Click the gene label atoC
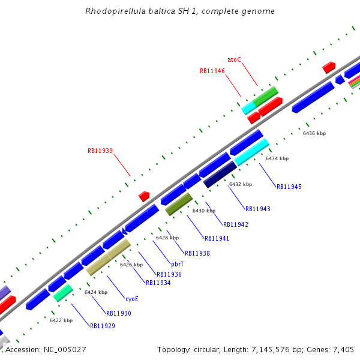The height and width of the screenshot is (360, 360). coord(234,59)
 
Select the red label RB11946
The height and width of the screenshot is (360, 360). coord(212,71)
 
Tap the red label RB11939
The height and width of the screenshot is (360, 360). coord(100,151)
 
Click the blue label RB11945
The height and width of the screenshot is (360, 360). coord(289,187)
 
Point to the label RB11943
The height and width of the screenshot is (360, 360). coord(258,209)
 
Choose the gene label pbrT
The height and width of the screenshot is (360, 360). coord(178,264)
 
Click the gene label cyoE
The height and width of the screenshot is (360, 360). coord(132,298)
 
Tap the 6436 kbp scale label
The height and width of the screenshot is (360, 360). coord(314,133)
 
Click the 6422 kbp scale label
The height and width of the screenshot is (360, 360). coord(61,320)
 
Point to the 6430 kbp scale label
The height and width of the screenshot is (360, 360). coord(203,211)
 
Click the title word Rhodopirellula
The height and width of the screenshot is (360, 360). coord(113,11)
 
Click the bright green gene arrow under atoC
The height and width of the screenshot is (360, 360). coord(265,95)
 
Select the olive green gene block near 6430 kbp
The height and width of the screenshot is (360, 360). coord(179,204)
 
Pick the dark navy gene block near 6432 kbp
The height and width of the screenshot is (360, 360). coord(219,175)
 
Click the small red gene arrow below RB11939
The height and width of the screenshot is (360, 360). coord(144,196)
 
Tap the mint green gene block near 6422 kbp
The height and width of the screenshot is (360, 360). coord(63,293)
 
